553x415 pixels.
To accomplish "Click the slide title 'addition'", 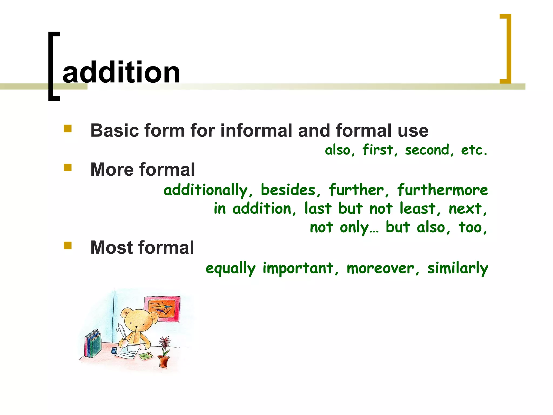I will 121,72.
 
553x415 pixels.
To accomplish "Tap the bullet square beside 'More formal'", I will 68,168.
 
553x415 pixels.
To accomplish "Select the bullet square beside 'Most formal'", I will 68,246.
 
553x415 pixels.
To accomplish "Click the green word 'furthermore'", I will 442,190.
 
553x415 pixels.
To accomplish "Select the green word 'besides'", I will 288,190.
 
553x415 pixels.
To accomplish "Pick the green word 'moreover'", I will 380,268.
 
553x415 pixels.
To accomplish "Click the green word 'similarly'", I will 458,268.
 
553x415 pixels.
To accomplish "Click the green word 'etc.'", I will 474,150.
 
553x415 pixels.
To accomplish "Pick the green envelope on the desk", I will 146,356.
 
